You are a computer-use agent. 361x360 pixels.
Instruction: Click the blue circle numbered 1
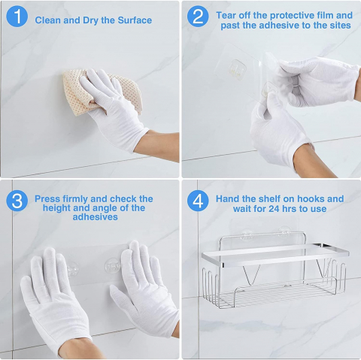(17, 16)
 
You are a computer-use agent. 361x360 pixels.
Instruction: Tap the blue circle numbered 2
(198, 16)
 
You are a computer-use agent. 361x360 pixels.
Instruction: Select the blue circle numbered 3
(17, 201)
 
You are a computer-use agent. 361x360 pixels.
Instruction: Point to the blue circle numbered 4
(198, 201)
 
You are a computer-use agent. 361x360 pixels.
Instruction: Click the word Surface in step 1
(135, 20)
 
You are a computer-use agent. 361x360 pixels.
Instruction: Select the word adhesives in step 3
(95, 217)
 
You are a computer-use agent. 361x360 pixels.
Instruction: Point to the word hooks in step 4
(311, 199)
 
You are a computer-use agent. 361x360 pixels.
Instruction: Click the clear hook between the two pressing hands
(112, 265)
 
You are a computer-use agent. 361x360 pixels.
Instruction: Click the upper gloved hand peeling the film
(318, 80)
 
